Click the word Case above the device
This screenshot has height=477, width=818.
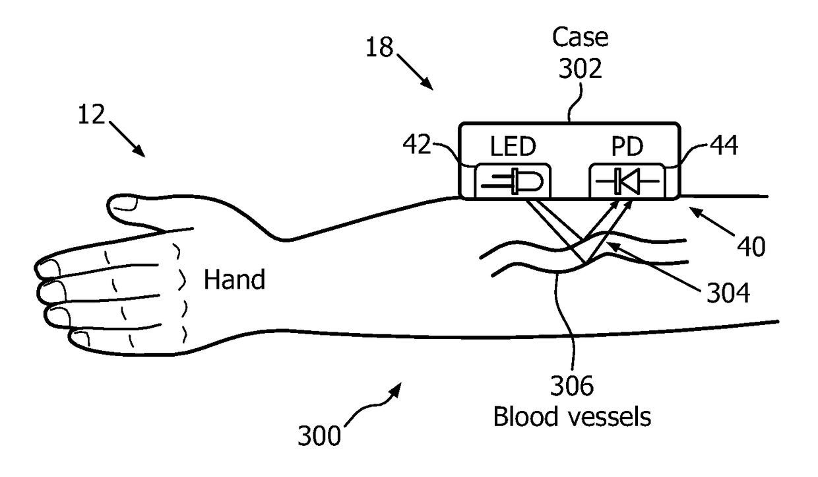click(580, 37)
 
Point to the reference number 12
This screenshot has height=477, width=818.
click(90, 115)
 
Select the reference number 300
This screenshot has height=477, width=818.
click(320, 437)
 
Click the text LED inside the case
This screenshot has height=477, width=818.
click(513, 147)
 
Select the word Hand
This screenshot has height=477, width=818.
click(234, 280)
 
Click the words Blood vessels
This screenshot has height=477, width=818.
click(572, 417)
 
